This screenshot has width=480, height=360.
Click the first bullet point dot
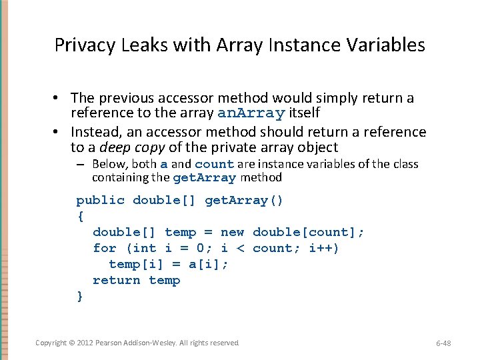coord(59,99)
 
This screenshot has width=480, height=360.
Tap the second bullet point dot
coord(59,132)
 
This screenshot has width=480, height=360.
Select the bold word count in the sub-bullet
coord(214,164)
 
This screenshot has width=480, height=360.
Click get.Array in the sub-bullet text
coord(204,178)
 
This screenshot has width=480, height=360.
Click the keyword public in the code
coord(100,200)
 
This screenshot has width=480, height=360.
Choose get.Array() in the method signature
coord(244,200)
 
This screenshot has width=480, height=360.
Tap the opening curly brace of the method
coord(81,216)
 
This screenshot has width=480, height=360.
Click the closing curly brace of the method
coord(81,296)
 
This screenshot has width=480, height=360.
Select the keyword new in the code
coord(232,232)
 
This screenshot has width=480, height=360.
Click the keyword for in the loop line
coord(105,248)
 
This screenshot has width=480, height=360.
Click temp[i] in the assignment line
coord(133,264)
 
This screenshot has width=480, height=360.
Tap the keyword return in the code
coord(117,280)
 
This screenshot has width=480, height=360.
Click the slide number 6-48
coord(443,343)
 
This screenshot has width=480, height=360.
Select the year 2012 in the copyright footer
coord(85,343)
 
